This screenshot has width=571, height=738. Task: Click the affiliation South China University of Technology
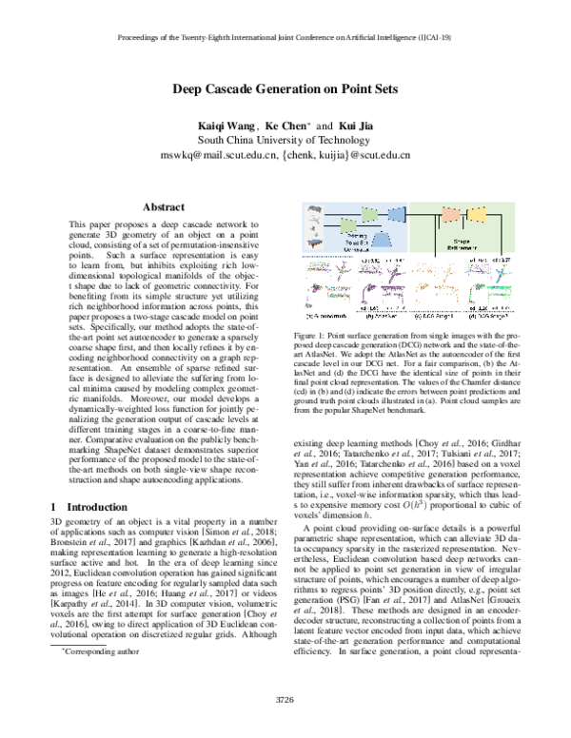(x=285, y=141)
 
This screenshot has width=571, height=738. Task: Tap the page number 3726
(x=285, y=700)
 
